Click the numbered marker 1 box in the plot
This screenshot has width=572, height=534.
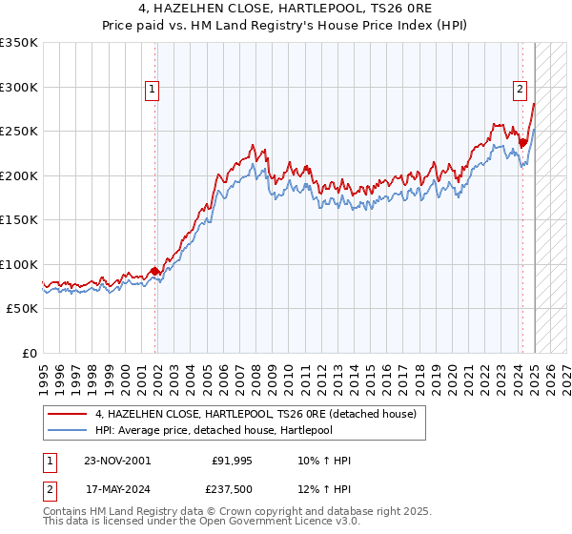point(153,90)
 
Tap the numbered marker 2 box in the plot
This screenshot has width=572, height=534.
point(520,90)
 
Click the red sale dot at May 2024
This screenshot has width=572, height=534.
point(522,143)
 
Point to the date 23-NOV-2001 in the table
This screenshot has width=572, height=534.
point(116,461)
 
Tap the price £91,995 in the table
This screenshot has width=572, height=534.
point(229,461)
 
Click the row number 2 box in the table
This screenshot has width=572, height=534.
point(49,491)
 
